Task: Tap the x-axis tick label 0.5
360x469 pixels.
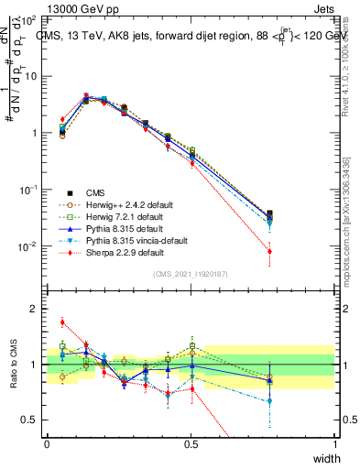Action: tap(191, 443)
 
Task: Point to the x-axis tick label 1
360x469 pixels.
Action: tap(335, 443)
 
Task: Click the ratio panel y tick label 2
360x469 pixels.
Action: tap(34, 309)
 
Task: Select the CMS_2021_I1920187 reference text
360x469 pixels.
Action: tap(191, 274)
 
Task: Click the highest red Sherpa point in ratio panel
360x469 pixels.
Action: tap(62, 322)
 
